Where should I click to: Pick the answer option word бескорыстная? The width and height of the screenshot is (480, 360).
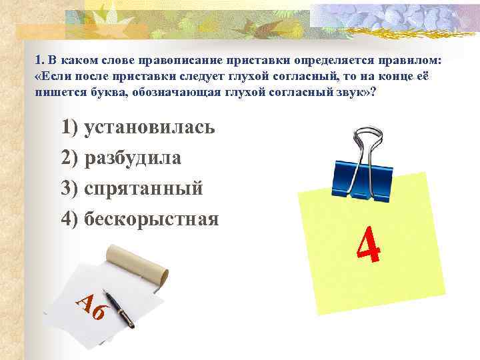point(152,218)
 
